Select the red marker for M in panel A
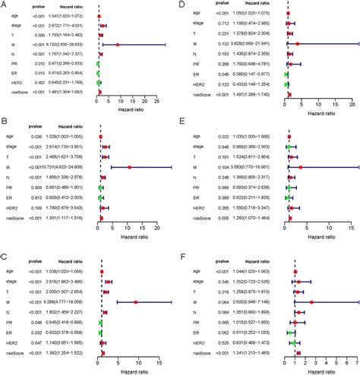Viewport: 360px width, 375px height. (118, 45)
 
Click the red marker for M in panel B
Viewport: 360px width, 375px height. (130, 166)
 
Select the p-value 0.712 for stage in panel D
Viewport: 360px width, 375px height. (225, 24)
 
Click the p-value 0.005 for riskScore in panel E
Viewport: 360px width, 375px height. (225, 215)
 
